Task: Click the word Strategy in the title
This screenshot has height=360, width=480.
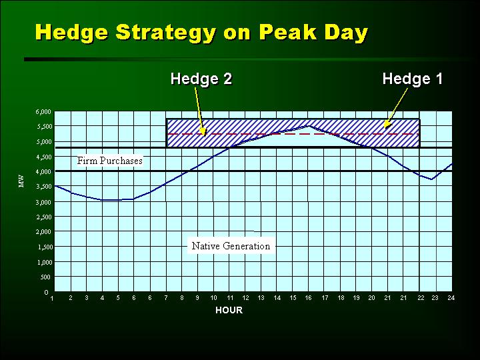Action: [166, 33]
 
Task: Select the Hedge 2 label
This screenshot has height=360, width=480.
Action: [201, 79]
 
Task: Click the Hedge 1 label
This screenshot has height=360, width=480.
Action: [413, 79]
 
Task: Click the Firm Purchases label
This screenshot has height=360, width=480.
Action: [109, 161]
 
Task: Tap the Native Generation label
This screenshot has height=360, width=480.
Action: [231, 246]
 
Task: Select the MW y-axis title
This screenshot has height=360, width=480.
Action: [21, 181]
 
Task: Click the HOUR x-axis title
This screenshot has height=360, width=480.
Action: [229, 310]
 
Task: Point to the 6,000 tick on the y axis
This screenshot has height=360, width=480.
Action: [43, 112]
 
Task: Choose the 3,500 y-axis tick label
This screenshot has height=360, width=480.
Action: [43, 187]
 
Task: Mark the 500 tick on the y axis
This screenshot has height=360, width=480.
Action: [46, 277]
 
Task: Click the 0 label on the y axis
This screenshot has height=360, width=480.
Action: [46, 293]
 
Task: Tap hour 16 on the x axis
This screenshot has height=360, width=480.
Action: [308, 298]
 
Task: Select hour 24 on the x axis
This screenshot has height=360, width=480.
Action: [451, 298]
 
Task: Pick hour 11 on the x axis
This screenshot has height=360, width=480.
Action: [229, 298]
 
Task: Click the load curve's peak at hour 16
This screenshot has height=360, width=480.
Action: [309, 125]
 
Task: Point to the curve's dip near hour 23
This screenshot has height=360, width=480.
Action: [431, 179]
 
